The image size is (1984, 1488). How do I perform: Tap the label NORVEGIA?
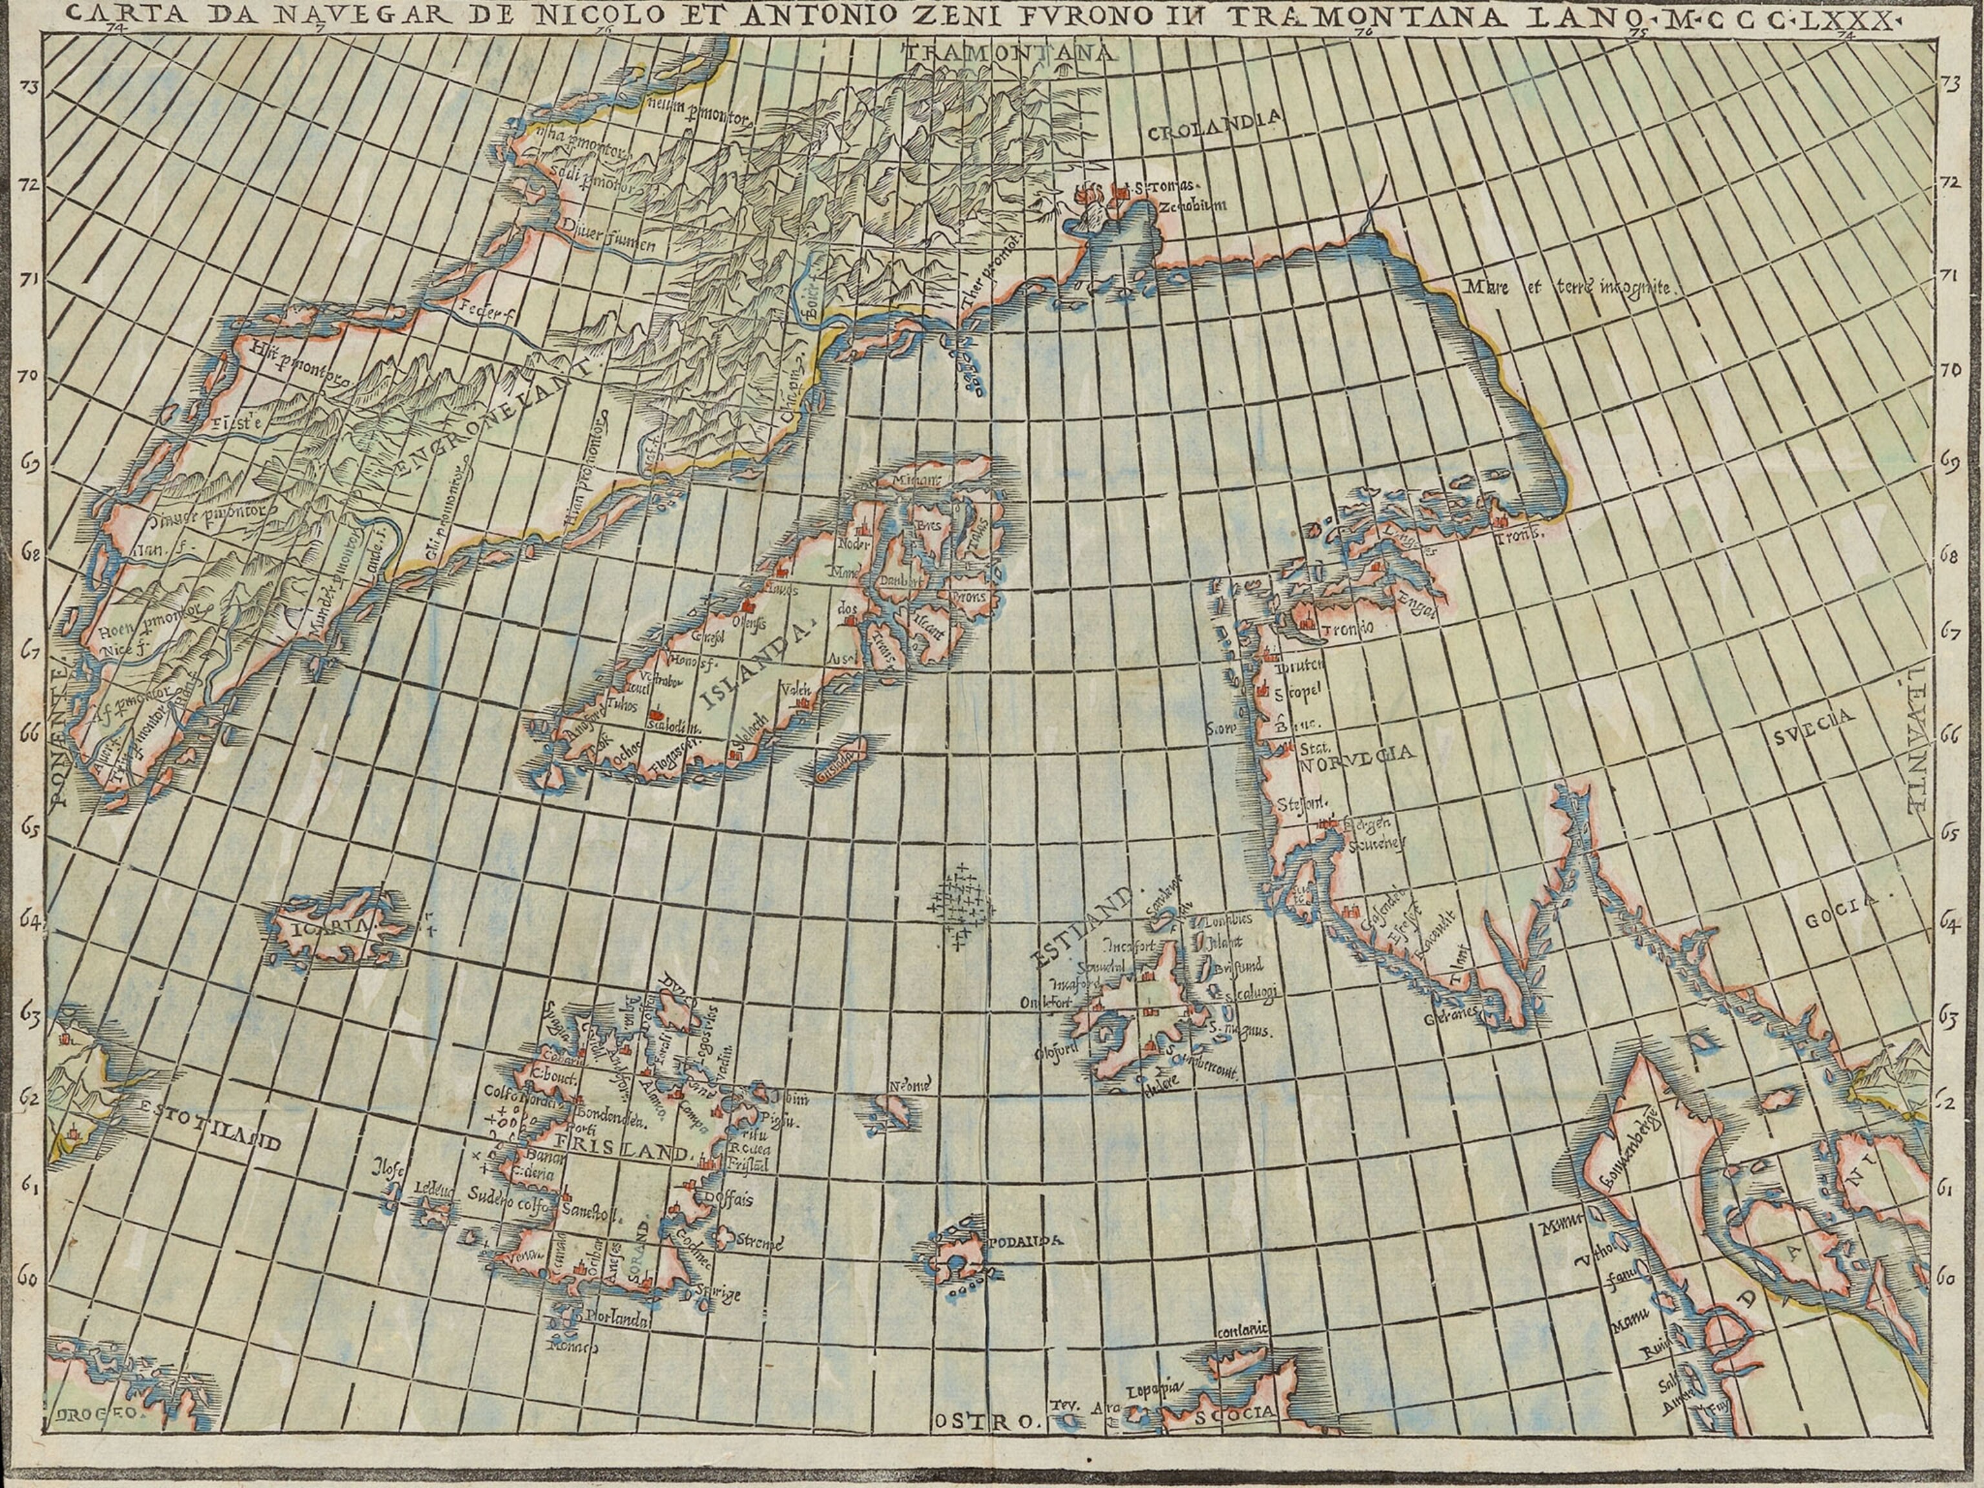[1357, 754]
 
